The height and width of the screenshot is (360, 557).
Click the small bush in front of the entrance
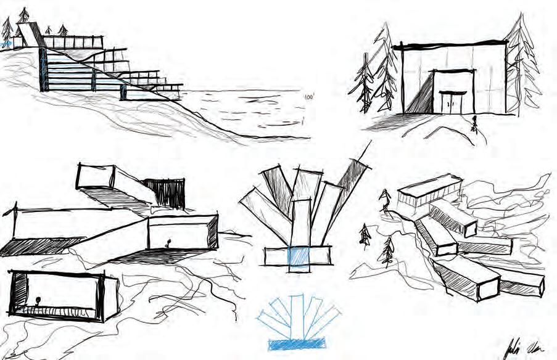(474, 125)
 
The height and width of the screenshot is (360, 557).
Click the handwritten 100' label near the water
(309, 97)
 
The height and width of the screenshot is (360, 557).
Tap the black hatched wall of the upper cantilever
(165, 192)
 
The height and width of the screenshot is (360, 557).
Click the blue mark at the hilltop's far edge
(6, 44)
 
